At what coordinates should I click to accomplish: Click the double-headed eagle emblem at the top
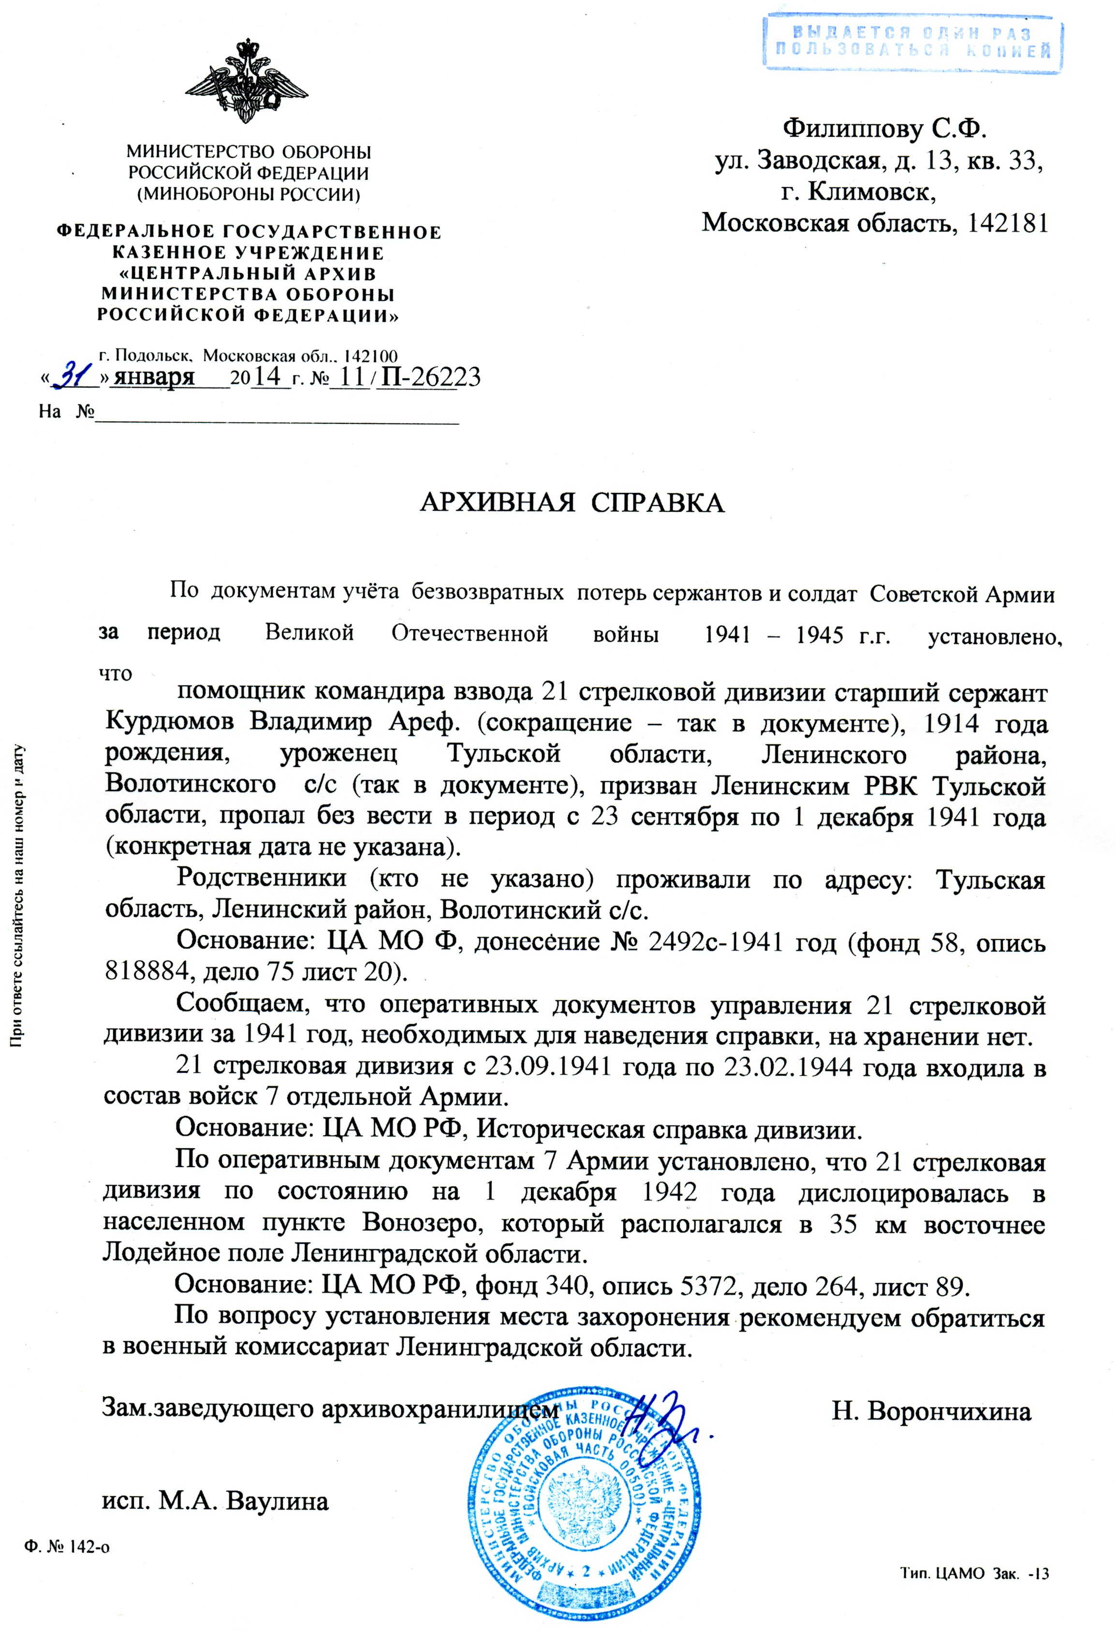(247, 83)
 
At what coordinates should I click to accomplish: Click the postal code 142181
(1007, 223)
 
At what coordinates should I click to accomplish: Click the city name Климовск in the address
(871, 191)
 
